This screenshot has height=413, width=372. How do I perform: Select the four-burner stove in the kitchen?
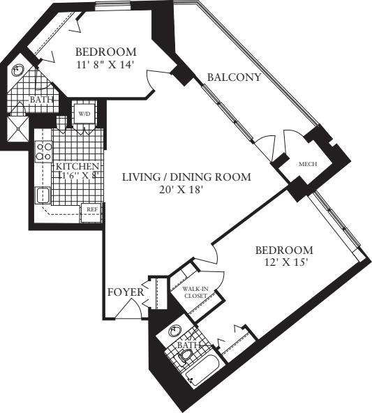(45, 151)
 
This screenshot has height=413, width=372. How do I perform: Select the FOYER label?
(126, 292)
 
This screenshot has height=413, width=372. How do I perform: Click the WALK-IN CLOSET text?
(195, 292)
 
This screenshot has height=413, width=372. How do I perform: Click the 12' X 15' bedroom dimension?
(283, 263)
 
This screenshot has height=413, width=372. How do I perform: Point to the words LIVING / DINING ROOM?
(186, 177)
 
